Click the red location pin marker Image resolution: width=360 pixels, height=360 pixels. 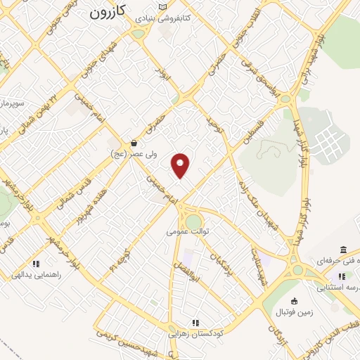pos(181,165)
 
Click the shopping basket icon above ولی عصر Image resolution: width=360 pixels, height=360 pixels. pos(134,143)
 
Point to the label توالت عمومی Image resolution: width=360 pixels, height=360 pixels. pos(186,231)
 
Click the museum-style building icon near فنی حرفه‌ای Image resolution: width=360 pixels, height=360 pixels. pos(342,250)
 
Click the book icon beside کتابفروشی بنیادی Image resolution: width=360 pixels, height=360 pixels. pos(163,6)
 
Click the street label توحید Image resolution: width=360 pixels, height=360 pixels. pos(211,127)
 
